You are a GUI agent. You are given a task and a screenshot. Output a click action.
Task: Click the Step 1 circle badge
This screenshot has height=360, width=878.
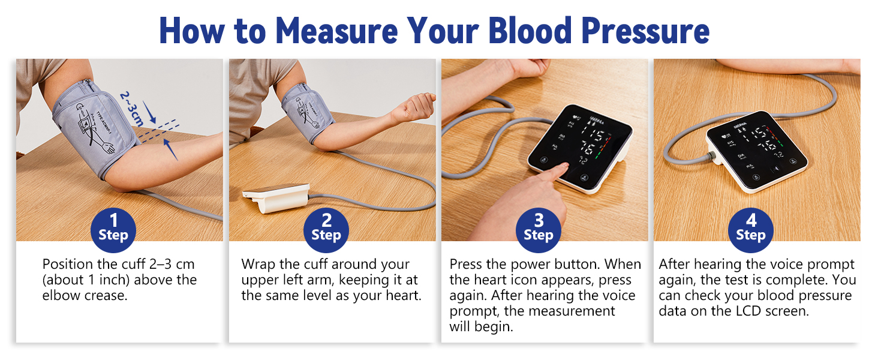point(113,230)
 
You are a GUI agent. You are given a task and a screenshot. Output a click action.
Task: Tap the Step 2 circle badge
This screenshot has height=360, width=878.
point(326,230)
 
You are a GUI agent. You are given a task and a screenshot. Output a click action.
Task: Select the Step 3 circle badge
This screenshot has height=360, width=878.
point(539,230)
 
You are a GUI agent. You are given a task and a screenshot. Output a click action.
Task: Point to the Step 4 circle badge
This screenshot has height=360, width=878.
point(751,230)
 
